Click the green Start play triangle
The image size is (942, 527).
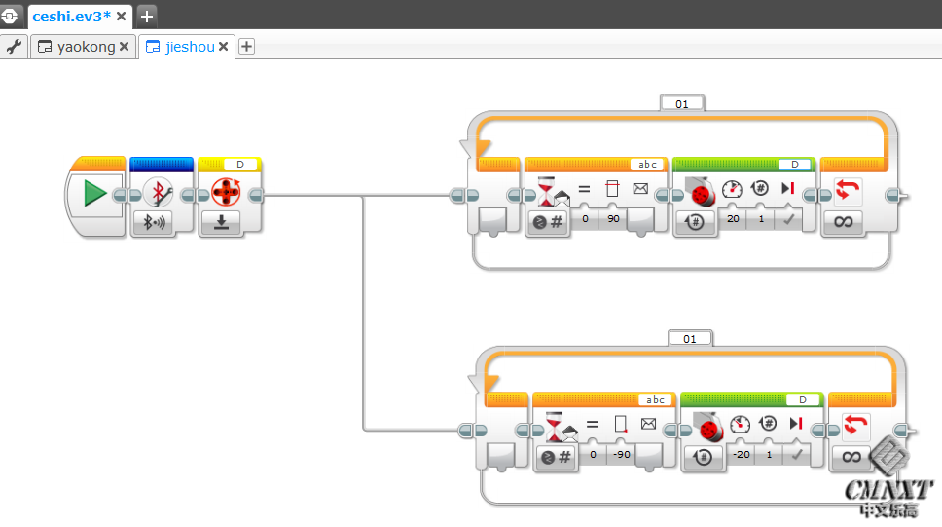[94, 194]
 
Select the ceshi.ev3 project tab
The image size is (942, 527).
[70, 15]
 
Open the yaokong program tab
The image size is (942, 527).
[85, 46]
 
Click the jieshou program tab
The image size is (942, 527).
[189, 46]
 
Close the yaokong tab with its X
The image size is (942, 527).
[125, 46]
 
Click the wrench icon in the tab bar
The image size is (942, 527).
[14, 46]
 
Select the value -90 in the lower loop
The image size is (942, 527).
[622, 455]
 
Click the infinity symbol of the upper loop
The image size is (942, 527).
[843, 222]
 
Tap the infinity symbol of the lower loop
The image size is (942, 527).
[851, 456]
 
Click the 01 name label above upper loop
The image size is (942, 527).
[682, 103]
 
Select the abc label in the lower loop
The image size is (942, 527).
[656, 399]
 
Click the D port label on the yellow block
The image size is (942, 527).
[240, 164]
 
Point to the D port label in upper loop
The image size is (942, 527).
[795, 164]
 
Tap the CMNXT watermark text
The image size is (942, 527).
[888, 489]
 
